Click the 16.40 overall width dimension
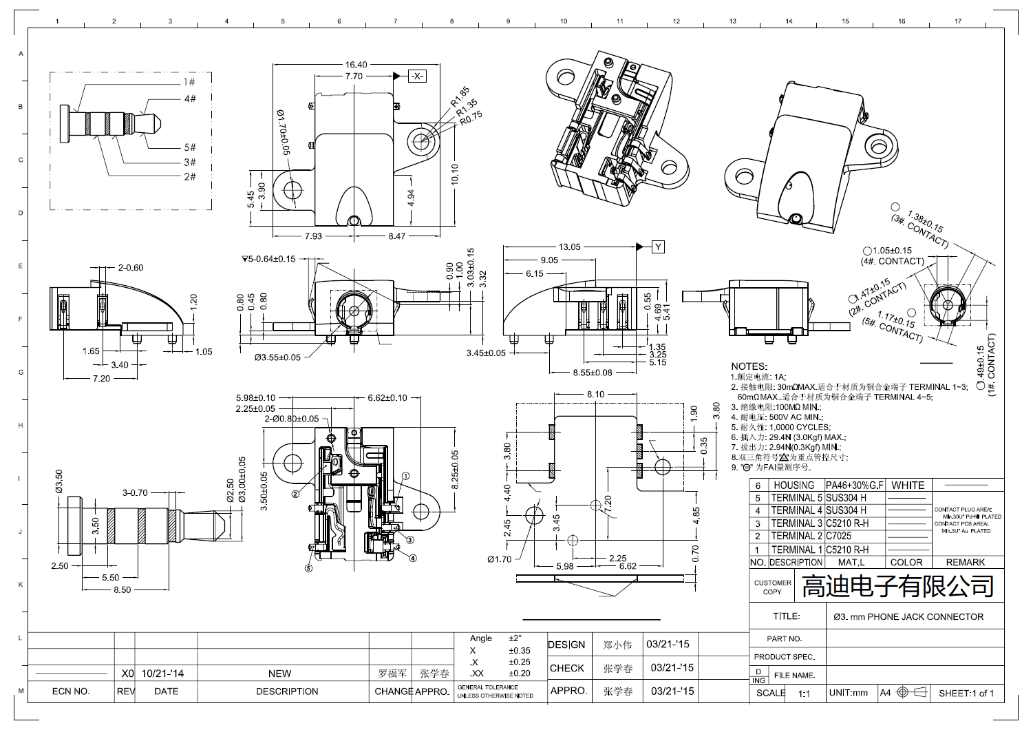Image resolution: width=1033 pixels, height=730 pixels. coord(356,65)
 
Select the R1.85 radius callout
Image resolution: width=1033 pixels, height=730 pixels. coord(460,96)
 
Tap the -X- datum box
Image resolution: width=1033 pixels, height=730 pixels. coord(418,76)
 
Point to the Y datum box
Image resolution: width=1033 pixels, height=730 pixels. coord(658,247)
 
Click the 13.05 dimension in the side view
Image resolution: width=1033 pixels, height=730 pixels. coord(569,247)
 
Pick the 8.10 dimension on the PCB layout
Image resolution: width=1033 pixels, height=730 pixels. coord(595,395)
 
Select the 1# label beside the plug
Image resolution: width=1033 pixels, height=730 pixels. coord(189,82)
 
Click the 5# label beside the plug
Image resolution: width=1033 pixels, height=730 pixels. coord(190,147)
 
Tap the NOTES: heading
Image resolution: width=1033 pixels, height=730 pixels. coord(749,366)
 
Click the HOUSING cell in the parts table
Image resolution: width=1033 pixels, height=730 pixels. coord(794,486)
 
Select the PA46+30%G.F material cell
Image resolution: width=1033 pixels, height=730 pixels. coord(855,486)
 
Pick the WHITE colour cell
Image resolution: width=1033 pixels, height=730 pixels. coord(908,486)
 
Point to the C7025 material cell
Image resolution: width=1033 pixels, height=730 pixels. coord(839,536)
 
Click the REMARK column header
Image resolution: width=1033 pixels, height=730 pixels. coord(965,563)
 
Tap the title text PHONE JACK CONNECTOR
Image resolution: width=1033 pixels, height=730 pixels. coord(908,617)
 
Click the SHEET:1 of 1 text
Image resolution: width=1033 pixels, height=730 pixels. coord(966,693)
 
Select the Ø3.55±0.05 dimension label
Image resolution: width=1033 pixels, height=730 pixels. coord(277,357)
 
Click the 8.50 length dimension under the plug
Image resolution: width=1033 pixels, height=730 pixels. coord(123,590)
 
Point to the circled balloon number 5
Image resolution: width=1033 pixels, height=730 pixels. coord(308,568)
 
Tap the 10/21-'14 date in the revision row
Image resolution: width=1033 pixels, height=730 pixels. coord(162,674)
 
